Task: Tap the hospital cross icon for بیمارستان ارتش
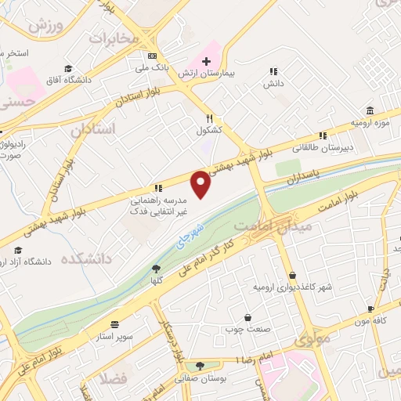pos(207,61)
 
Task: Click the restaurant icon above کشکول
pos(201,120)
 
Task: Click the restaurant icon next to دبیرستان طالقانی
pos(323,135)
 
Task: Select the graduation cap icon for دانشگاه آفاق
pos(69,68)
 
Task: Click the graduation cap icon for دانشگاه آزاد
pos(17,250)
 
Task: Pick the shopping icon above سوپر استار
pos(115,324)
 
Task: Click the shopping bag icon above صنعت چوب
pos(248,318)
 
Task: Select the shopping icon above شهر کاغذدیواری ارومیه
pos(292,276)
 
